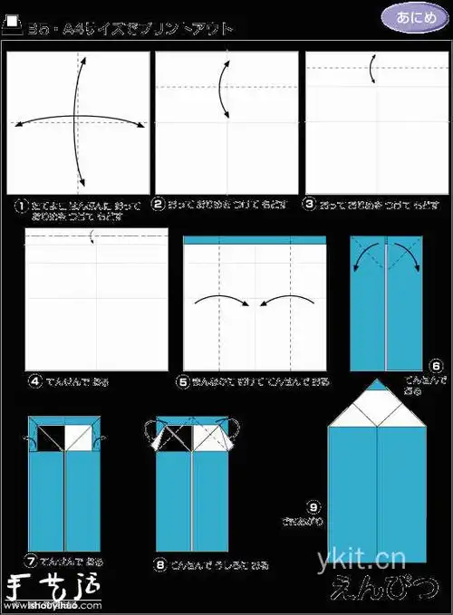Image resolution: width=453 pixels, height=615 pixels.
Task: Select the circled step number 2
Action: point(159,205)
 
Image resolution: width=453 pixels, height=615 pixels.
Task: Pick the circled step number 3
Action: point(310,205)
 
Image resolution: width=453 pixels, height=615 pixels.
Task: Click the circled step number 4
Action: point(35,381)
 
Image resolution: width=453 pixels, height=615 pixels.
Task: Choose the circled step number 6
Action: point(436,366)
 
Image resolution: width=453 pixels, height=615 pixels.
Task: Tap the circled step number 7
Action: point(32,561)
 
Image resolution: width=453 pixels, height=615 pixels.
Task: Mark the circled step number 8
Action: point(159,563)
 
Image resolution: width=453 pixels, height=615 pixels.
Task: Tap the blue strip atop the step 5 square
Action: point(254,241)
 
